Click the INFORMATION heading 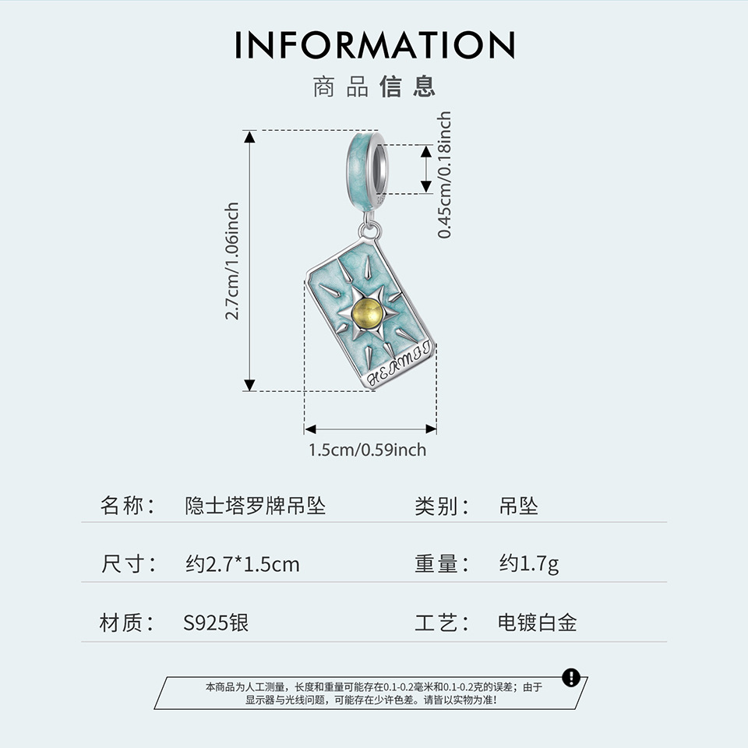375,45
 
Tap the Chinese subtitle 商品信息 374,86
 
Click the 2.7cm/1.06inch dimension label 232,261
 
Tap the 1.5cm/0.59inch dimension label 368,450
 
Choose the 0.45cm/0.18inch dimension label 445,175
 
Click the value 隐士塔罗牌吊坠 256,506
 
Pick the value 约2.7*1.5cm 242,564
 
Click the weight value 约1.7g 529,564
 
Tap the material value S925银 216,623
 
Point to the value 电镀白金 538,623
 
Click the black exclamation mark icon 571,677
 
